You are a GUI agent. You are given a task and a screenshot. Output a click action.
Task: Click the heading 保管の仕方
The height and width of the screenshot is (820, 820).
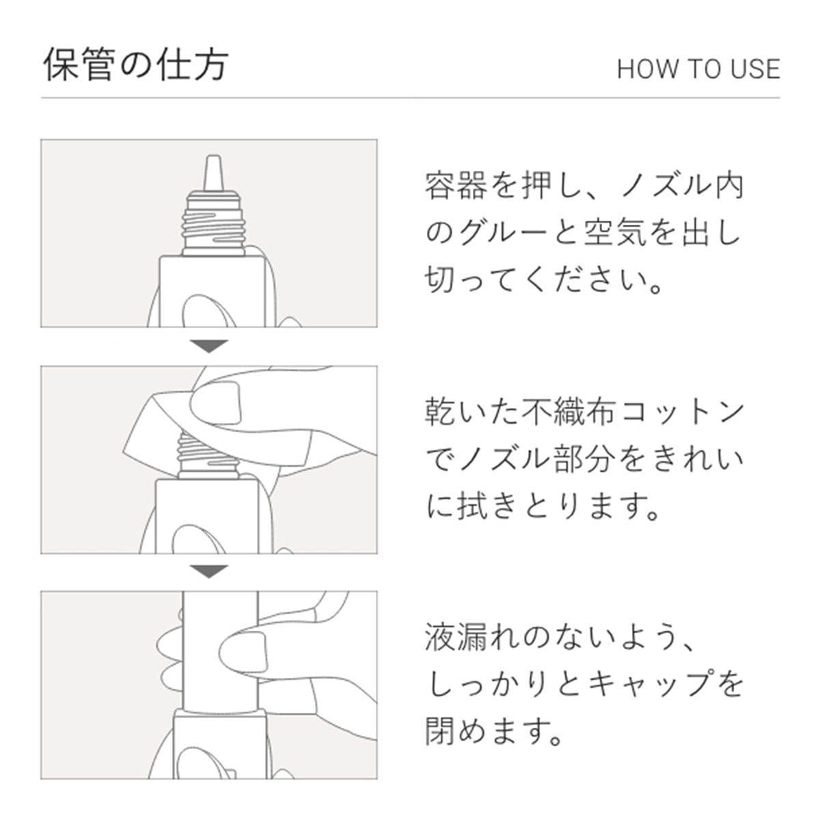[x=136, y=65]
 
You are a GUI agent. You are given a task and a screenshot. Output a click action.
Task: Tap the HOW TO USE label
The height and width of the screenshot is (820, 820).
[x=699, y=69]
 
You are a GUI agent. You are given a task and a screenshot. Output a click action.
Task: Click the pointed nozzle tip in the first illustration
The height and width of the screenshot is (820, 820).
[x=213, y=173]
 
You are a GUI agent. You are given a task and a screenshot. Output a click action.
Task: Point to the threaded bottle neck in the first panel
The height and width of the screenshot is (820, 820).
[x=214, y=224]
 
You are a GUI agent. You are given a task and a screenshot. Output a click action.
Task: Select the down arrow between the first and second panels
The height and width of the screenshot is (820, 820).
[x=209, y=346]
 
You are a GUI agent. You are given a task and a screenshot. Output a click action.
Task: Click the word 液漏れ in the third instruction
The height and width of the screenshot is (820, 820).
[x=470, y=638]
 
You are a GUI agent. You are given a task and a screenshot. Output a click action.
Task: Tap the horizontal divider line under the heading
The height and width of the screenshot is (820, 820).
[x=411, y=98]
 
